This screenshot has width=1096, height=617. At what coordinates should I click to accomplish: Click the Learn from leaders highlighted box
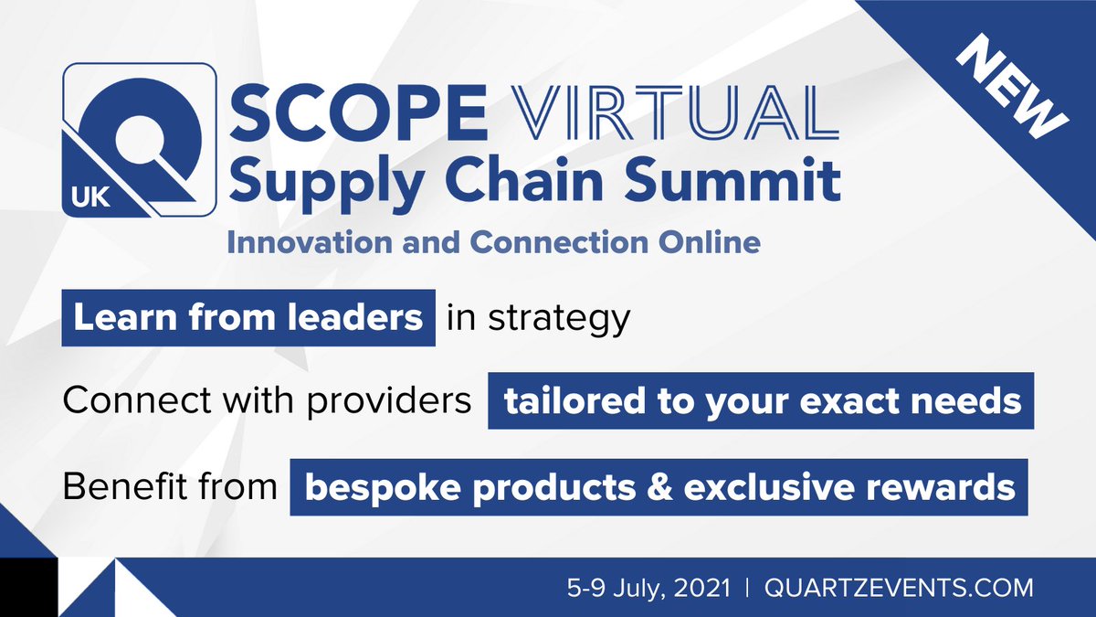(248, 318)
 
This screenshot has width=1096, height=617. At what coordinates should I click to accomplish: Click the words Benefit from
(170, 486)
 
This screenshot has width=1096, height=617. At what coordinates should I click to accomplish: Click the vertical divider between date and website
(746, 585)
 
